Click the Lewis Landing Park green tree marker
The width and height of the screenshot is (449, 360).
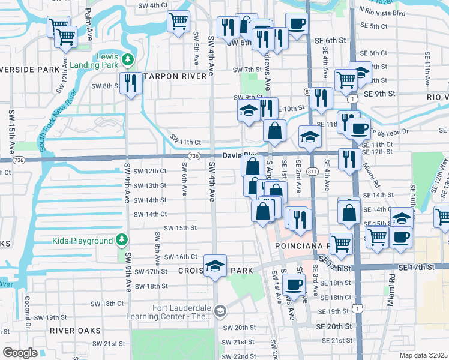128,59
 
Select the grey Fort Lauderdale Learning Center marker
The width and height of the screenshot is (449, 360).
220,310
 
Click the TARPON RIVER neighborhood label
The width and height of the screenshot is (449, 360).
173,77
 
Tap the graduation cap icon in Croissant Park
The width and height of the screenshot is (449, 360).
215,266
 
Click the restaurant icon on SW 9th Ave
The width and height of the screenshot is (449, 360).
130,83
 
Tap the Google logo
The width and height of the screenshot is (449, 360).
20,353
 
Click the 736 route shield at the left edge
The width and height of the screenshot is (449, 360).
19,160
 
